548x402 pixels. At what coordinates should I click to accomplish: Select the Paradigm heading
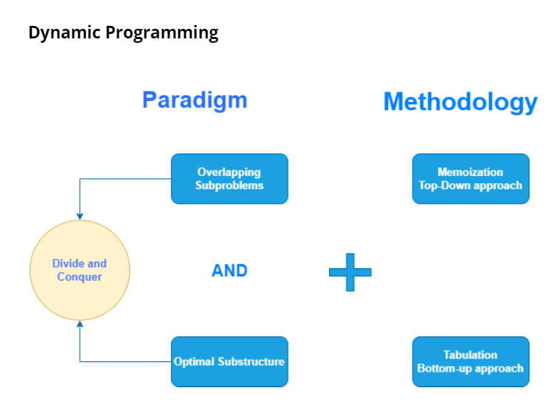(x=194, y=100)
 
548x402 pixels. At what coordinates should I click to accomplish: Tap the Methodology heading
(x=460, y=101)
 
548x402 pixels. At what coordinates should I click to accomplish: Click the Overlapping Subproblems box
(x=229, y=179)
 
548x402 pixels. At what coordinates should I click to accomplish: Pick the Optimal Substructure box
(x=229, y=361)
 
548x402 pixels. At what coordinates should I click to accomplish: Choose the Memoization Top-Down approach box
(x=470, y=179)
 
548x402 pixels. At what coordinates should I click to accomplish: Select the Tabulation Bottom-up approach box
(x=470, y=361)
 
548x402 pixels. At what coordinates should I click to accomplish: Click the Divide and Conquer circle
(x=79, y=270)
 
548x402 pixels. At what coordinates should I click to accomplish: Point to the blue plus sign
(x=350, y=271)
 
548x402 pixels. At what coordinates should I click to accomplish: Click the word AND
(x=229, y=271)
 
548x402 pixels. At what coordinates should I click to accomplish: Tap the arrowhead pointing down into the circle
(x=79, y=216)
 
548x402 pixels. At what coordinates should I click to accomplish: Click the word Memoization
(x=470, y=172)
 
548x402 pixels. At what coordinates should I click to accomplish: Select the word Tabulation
(x=470, y=355)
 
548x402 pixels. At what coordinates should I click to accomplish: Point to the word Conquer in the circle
(x=79, y=276)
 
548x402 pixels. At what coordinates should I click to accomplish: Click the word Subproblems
(x=229, y=185)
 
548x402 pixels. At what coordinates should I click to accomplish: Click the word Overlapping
(x=229, y=172)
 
